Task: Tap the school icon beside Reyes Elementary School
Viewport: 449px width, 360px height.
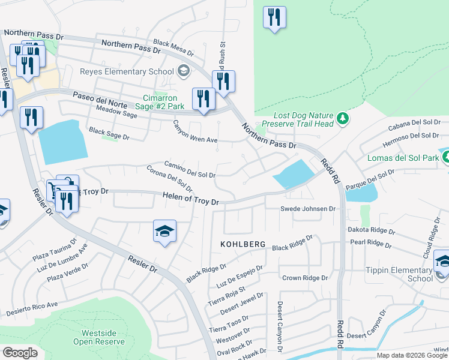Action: (183, 72)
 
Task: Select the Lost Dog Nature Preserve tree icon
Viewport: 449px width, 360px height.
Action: (343, 119)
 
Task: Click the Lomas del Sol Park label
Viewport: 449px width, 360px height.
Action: (403, 158)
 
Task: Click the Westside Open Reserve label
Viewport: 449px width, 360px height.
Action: (99, 337)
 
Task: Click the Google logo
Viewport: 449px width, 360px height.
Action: (20, 352)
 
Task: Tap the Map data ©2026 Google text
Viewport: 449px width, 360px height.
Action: (412, 355)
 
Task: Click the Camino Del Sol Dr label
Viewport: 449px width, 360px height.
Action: (190, 170)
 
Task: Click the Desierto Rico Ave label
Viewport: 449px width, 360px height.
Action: (32, 309)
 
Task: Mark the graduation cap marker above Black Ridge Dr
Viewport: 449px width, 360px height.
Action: (164, 231)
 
